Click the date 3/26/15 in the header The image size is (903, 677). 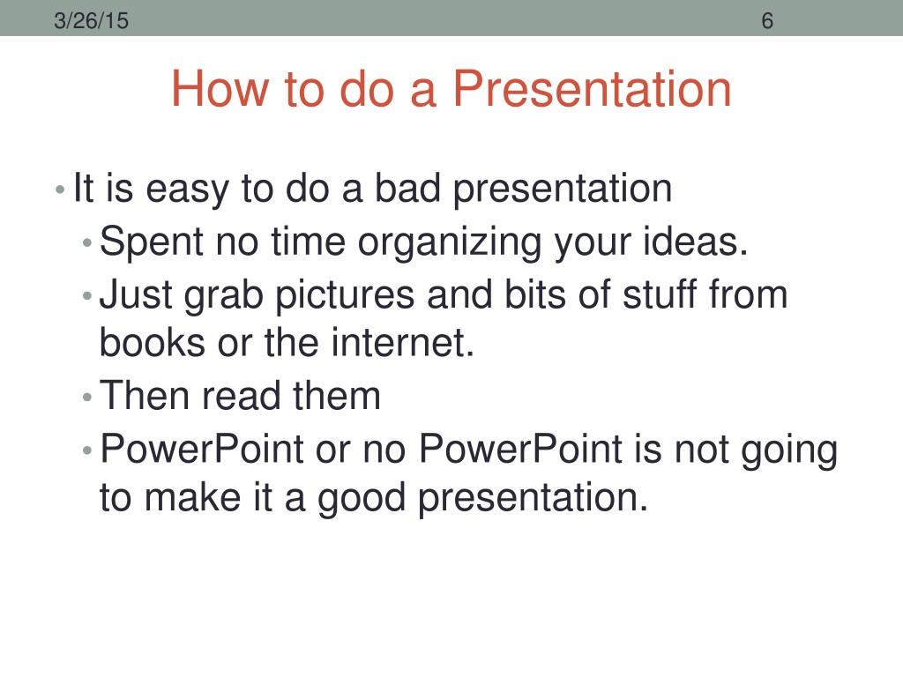(91, 21)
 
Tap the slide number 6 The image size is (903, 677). (767, 21)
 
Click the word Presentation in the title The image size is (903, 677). (592, 88)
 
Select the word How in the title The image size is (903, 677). (220, 88)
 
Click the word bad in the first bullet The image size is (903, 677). (407, 188)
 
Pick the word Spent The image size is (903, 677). (151, 242)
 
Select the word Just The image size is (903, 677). (136, 294)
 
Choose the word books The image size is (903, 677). (152, 342)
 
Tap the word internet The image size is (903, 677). (402, 342)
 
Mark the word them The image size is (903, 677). (337, 396)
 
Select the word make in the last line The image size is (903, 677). (192, 497)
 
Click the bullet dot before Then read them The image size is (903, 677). (87, 398)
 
